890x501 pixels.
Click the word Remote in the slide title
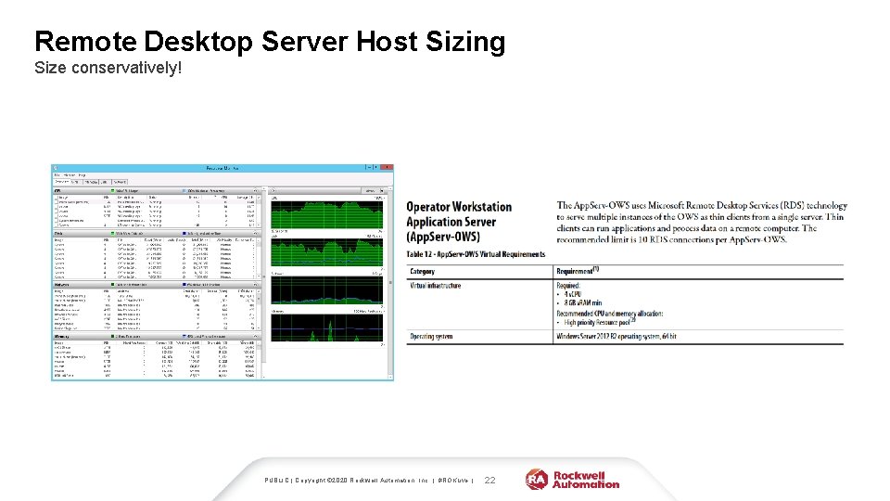[x=86, y=42]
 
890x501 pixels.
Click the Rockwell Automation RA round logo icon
[x=537, y=479]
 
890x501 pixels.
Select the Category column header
[x=423, y=271]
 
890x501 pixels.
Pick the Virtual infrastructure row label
[x=436, y=286]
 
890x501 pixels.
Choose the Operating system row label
[x=432, y=336]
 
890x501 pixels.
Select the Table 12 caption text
[x=476, y=254]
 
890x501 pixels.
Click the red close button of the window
[x=388, y=168]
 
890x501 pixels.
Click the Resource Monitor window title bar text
[x=222, y=168]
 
